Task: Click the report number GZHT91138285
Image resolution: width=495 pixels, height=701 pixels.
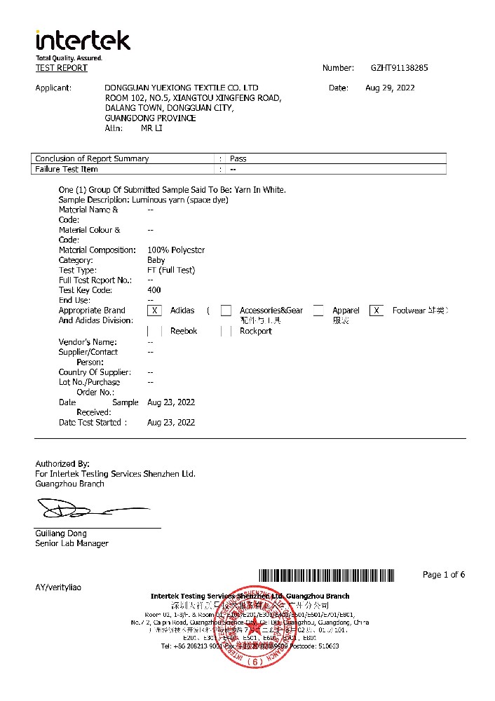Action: coord(399,68)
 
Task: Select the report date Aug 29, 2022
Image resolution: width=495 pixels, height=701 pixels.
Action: coord(390,88)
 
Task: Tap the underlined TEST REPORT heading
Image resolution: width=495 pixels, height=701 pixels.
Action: coord(62,68)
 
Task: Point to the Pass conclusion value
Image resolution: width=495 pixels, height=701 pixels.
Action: coord(238,158)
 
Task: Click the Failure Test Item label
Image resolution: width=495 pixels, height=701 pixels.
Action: coord(67,169)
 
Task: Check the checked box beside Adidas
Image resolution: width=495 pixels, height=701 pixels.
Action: coord(156,311)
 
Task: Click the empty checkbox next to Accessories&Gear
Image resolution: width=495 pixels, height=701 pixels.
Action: coord(226,311)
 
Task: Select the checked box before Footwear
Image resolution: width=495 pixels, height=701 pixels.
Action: coord(377,311)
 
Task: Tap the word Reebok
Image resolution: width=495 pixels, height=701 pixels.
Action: coord(184,331)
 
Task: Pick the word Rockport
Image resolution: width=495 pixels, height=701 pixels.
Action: coord(255,331)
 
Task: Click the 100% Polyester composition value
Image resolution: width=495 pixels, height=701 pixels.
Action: coord(176,250)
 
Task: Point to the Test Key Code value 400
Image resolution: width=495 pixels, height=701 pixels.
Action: coord(154,290)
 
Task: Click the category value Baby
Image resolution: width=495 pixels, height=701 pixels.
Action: coord(156,260)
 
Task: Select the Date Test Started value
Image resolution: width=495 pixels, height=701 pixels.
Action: coord(171,423)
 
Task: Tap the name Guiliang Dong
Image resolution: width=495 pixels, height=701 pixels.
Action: coord(61,533)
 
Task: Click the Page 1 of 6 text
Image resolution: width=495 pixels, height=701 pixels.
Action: coord(444,575)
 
